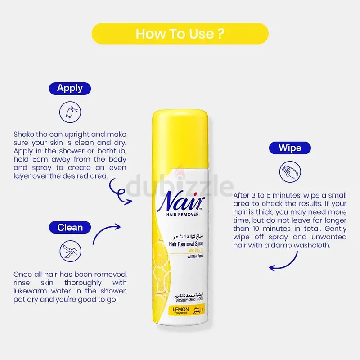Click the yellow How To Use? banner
180,34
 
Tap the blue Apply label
70,88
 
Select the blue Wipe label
290,148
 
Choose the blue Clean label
70,227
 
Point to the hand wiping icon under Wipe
290,172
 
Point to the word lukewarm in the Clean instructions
32,291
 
